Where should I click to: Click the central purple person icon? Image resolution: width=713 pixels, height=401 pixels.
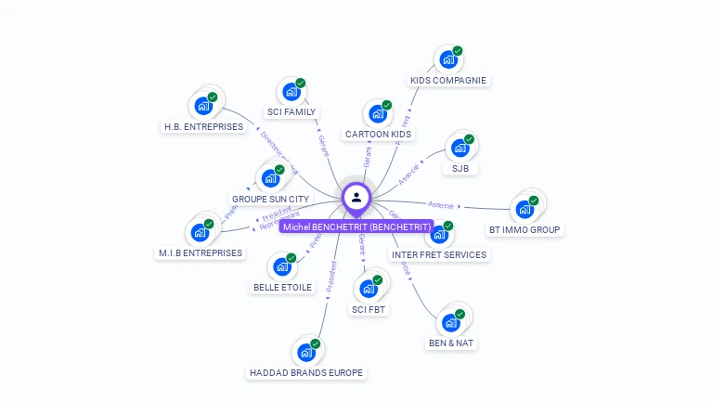pos(356,197)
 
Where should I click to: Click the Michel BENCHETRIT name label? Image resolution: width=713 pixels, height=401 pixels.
pos(356,226)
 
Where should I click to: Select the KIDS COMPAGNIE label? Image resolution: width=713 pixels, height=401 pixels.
pos(448,80)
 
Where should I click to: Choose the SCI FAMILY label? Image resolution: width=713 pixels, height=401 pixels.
pos(292,112)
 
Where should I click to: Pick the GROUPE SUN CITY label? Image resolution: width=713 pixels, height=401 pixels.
pos(270,200)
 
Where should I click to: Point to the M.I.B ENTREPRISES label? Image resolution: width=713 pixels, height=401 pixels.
pos(201,252)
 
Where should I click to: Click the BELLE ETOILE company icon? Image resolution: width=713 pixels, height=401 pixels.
pos(281,267)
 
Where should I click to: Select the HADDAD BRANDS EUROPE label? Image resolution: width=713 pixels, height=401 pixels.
pos(306,373)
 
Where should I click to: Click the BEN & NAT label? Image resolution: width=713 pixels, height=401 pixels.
pos(451,343)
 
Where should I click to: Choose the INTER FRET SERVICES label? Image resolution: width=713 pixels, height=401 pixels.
pos(439,254)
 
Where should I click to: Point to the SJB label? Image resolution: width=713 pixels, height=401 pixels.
pos(460,169)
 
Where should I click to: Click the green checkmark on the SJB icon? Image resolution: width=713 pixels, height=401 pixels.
pos(470,139)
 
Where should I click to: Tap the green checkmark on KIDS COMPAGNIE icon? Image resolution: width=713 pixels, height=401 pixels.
pos(458,51)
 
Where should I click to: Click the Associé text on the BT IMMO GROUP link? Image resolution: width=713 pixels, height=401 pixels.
pos(441,204)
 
